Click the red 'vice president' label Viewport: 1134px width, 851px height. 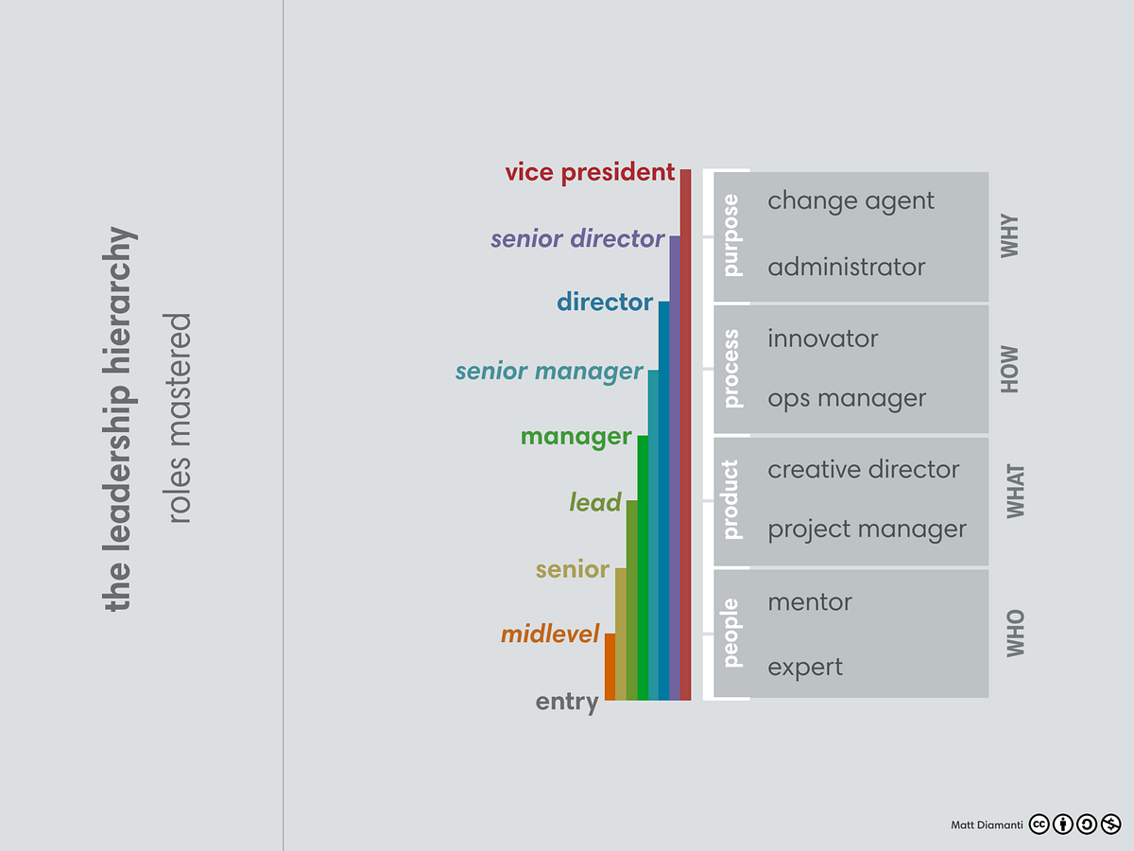(590, 172)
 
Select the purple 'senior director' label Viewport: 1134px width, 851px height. (577, 238)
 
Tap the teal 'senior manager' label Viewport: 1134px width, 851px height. (549, 372)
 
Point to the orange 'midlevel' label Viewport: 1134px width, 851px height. (550, 634)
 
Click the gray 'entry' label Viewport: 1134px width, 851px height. (567, 702)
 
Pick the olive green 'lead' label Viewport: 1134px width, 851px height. (595, 502)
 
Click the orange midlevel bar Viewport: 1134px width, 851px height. (610, 667)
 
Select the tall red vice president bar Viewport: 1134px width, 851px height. (685, 435)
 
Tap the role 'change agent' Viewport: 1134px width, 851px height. (850, 200)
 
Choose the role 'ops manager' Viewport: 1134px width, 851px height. (847, 399)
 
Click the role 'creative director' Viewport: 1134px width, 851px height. (863, 470)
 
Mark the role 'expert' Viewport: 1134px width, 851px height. (805, 668)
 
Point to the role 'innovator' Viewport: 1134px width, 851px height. (822, 339)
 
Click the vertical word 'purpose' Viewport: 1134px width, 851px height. (731, 235)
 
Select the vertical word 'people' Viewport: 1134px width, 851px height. (731, 633)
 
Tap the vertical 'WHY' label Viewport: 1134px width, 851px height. (1011, 235)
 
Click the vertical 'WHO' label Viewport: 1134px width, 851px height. (1015, 633)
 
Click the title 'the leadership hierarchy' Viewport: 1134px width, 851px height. (118, 418)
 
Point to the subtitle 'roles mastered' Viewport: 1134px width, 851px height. (179, 418)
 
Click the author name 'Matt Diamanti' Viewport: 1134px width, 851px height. (986, 825)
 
